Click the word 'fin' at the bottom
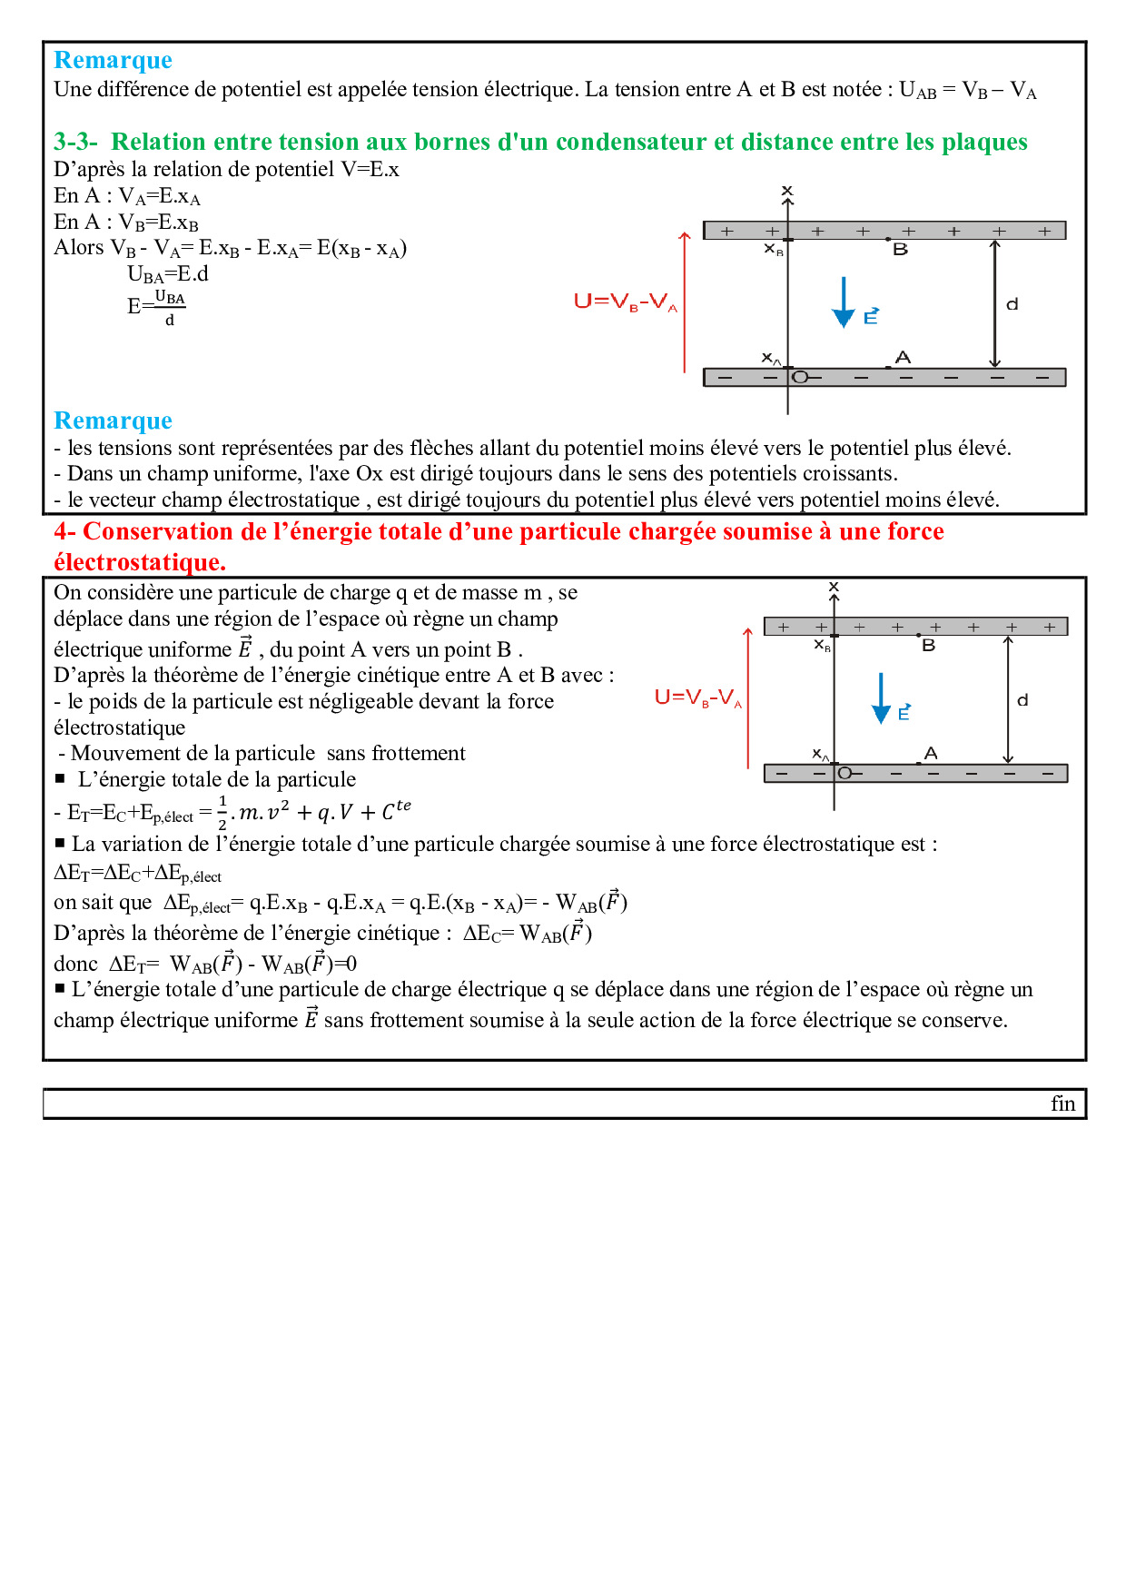pos(1062,1103)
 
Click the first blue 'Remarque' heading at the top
pos(113,60)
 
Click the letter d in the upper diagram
pos(1012,304)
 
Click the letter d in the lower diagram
pos(1022,700)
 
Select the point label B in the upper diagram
pos(900,250)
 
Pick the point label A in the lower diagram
pos(931,753)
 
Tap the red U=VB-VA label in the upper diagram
pos(626,302)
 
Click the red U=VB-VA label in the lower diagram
pos(698,698)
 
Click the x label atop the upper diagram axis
pos(787,191)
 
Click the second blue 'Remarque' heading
pos(113,421)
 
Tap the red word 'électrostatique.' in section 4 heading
pos(140,562)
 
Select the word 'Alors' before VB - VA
pos(79,248)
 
